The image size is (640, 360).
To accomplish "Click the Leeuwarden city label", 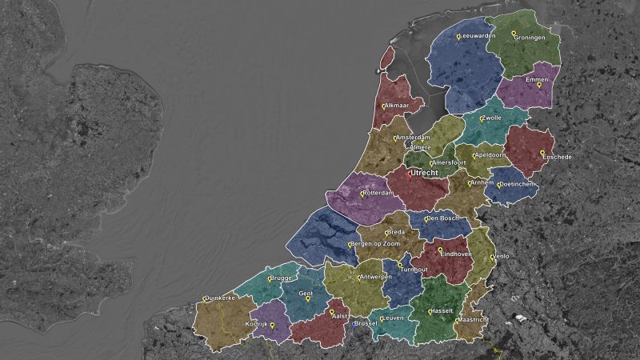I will [x=478, y=36].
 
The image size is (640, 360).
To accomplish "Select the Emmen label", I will [x=537, y=80].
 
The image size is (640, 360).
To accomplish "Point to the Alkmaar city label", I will [x=397, y=106].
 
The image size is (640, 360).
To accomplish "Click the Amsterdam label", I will [x=413, y=138].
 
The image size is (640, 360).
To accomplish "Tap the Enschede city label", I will [x=557, y=158].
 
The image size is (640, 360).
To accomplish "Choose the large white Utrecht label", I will [x=424, y=173].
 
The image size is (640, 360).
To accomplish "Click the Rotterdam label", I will [x=378, y=193].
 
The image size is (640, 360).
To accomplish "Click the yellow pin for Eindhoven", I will [x=440, y=250].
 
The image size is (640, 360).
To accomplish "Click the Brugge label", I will [x=281, y=278].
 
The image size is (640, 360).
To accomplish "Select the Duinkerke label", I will [x=220, y=298].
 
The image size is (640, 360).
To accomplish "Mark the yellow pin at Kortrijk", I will [x=272, y=325].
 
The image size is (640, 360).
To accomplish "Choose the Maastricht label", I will [x=473, y=320].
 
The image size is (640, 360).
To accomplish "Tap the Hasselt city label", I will [x=442, y=310].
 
